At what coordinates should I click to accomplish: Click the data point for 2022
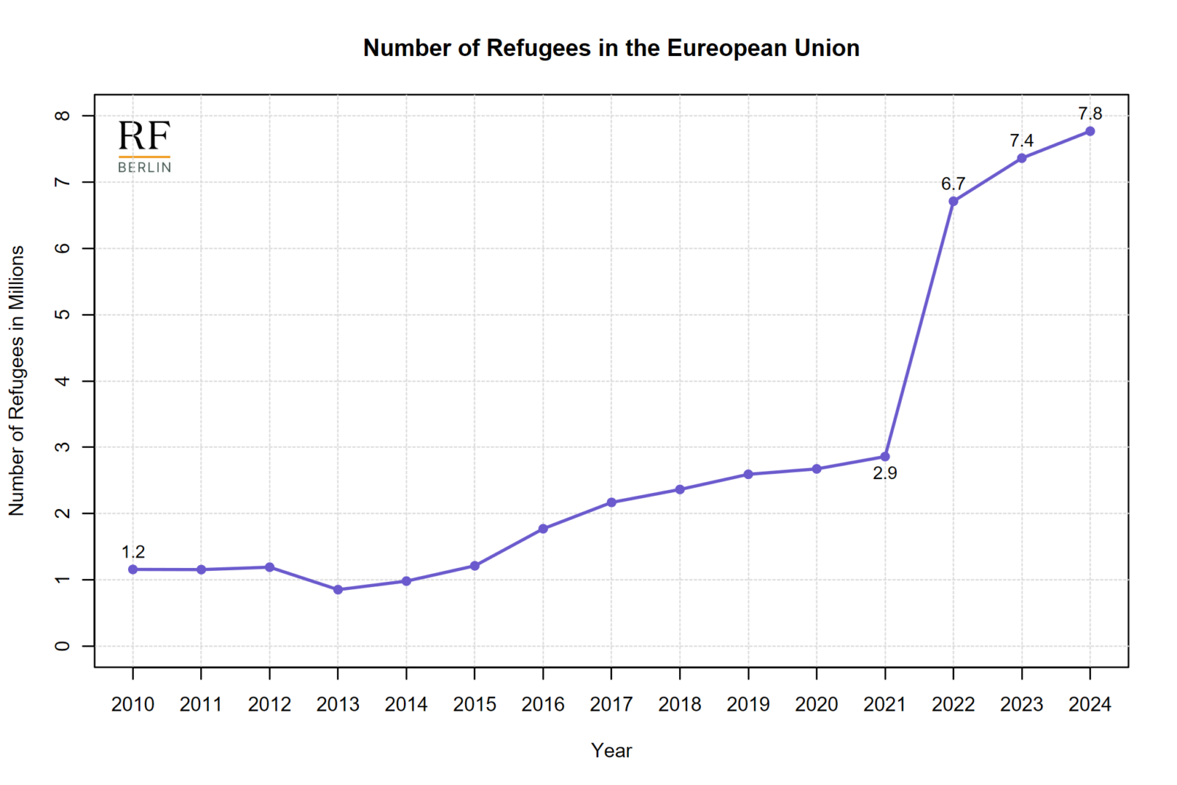pos(953,201)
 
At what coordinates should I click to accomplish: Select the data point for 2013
pos(338,589)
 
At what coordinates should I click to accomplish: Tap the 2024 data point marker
pos(1089,131)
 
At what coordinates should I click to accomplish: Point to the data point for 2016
pos(543,528)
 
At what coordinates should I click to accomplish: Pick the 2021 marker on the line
pos(884,457)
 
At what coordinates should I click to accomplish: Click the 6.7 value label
pos(953,184)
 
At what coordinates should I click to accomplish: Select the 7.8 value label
pos(1089,113)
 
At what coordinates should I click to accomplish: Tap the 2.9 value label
pos(884,473)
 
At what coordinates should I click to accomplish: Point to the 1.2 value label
pos(133,552)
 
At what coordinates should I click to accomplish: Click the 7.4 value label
pos(1021,141)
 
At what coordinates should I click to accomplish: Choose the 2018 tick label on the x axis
pos(680,704)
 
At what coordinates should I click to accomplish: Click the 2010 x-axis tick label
pos(133,704)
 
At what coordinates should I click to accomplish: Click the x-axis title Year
pos(611,750)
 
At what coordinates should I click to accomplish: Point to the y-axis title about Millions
pos(16,380)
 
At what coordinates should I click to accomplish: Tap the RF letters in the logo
pos(144,136)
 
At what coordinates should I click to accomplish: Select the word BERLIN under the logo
pos(144,167)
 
